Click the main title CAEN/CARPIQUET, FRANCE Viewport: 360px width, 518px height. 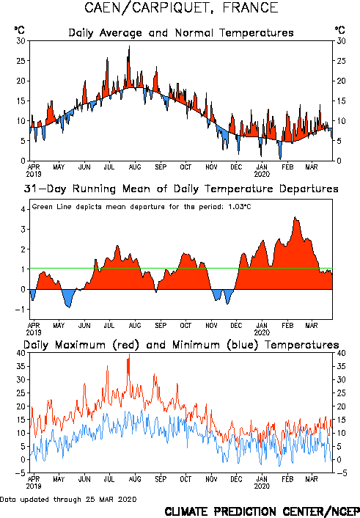click(181, 8)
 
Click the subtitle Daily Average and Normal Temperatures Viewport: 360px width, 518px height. click(181, 33)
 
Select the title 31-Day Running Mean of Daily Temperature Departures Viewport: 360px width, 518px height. click(181, 189)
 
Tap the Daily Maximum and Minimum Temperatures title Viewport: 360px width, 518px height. click(181, 345)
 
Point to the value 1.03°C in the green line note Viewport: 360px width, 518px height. click(240, 207)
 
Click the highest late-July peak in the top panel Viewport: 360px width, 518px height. click(129, 46)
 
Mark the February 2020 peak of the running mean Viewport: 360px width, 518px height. click(295, 217)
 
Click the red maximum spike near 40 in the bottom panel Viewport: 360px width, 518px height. click(129, 355)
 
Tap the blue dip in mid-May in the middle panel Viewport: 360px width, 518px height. click(69, 306)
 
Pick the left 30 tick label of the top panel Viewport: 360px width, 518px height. click(21, 41)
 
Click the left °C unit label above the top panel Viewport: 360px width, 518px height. click(20, 30)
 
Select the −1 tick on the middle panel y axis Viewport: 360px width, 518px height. click(20, 310)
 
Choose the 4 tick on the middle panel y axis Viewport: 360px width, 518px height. click(23, 209)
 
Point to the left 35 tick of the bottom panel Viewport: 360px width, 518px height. click(21, 366)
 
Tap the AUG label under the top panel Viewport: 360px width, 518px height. click(135, 167)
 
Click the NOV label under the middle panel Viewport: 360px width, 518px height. click(211, 326)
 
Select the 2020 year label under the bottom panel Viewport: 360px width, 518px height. click(262, 486)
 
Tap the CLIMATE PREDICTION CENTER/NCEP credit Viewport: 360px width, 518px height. click(262, 511)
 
